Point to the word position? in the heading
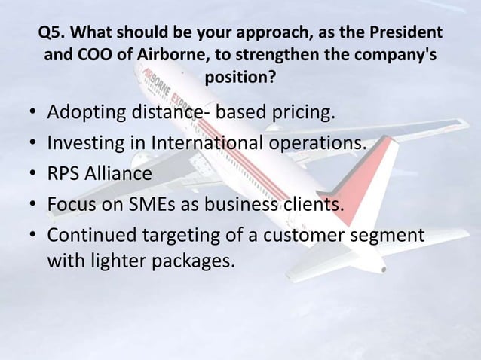[x=240, y=78]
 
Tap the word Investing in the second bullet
[x=84, y=145]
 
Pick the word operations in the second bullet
[x=320, y=145]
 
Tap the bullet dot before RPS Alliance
[x=32, y=175]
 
